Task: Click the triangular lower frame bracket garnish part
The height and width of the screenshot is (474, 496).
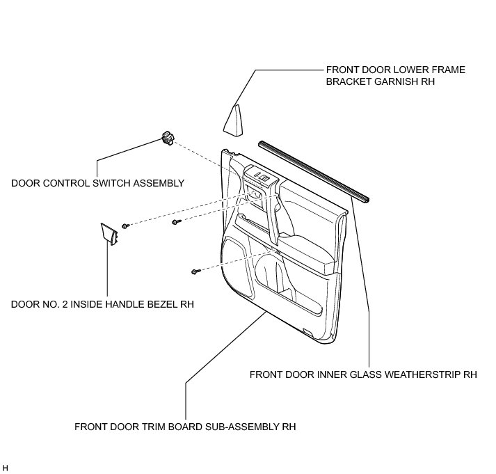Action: [234, 122]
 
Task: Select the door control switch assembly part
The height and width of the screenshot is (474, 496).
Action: [168, 138]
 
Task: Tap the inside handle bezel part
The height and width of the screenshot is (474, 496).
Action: [109, 234]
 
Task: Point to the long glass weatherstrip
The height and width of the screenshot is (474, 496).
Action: [314, 172]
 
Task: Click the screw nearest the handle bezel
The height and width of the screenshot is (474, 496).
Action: [126, 226]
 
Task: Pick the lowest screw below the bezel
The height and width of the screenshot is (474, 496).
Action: [195, 271]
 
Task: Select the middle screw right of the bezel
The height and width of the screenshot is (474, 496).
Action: [176, 222]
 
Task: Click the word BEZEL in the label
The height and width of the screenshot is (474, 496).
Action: [161, 304]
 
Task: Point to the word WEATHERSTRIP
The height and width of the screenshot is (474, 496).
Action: [405, 374]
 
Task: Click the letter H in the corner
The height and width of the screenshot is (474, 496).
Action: [6, 468]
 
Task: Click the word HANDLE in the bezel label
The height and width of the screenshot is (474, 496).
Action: [127, 304]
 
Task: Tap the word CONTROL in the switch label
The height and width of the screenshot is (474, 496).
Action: [66, 183]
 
